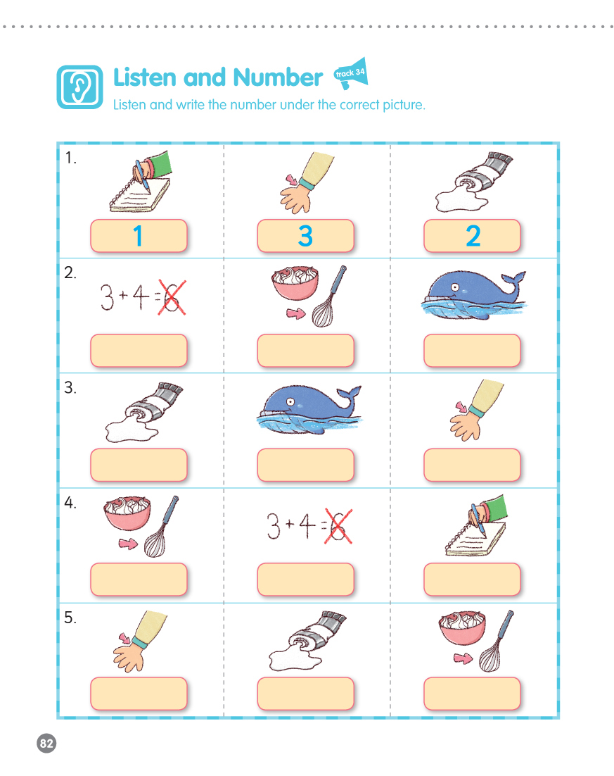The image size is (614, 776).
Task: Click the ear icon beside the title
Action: click(79, 87)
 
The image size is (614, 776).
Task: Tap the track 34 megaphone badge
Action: click(351, 74)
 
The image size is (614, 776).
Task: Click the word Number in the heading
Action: click(278, 77)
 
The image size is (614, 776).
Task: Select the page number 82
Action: click(46, 744)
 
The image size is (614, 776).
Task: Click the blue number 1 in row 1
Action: click(138, 236)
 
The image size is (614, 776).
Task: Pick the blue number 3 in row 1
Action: click(305, 236)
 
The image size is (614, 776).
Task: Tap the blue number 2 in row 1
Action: click(473, 236)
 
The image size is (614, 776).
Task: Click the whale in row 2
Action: click(473, 295)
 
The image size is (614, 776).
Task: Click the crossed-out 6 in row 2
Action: click(172, 297)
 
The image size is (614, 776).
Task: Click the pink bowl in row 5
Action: click(462, 627)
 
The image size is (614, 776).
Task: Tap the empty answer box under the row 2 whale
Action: click(472, 351)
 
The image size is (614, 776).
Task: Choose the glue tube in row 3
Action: click(144, 412)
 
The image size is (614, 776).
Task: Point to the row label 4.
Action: click(70, 502)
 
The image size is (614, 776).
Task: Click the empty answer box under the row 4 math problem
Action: click(305, 579)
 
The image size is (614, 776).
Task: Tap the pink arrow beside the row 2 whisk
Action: click(296, 313)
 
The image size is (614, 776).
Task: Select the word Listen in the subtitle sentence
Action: click(130, 105)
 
